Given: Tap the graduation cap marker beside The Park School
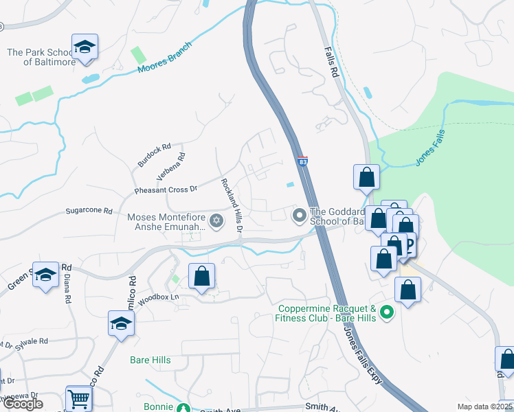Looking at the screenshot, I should click(x=85, y=47).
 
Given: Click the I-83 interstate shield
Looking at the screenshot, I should click(x=303, y=161).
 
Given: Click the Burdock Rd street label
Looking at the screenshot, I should click(x=153, y=155).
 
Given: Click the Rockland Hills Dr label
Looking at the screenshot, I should click(x=231, y=205).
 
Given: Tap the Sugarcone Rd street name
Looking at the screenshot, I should click(x=89, y=211).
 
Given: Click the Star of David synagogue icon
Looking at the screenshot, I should click(x=216, y=220).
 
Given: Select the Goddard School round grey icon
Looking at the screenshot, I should click(x=299, y=216).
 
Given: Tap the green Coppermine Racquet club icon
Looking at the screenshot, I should click(x=386, y=313).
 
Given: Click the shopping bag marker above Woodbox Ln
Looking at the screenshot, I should click(x=201, y=277).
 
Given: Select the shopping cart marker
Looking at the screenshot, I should click(x=79, y=398).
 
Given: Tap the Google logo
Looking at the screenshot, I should click(x=23, y=404).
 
